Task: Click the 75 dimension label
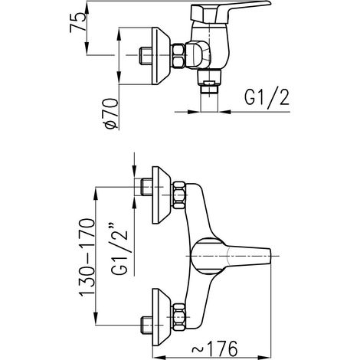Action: point(78,22)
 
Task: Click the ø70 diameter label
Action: point(112,113)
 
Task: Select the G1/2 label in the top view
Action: point(267,98)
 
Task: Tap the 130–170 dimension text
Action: point(87,257)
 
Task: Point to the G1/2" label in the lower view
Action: point(119,249)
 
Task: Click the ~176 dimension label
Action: point(214,349)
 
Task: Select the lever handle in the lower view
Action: point(231,257)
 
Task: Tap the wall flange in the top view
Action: point(161,56)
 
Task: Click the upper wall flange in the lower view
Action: point(161,195)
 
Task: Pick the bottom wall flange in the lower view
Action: point(161,317)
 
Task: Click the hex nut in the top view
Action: point(178,56)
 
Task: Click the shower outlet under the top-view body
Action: point(209,83)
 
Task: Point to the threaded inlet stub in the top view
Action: point(146,56)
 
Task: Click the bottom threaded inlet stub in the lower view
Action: point(147,325)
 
